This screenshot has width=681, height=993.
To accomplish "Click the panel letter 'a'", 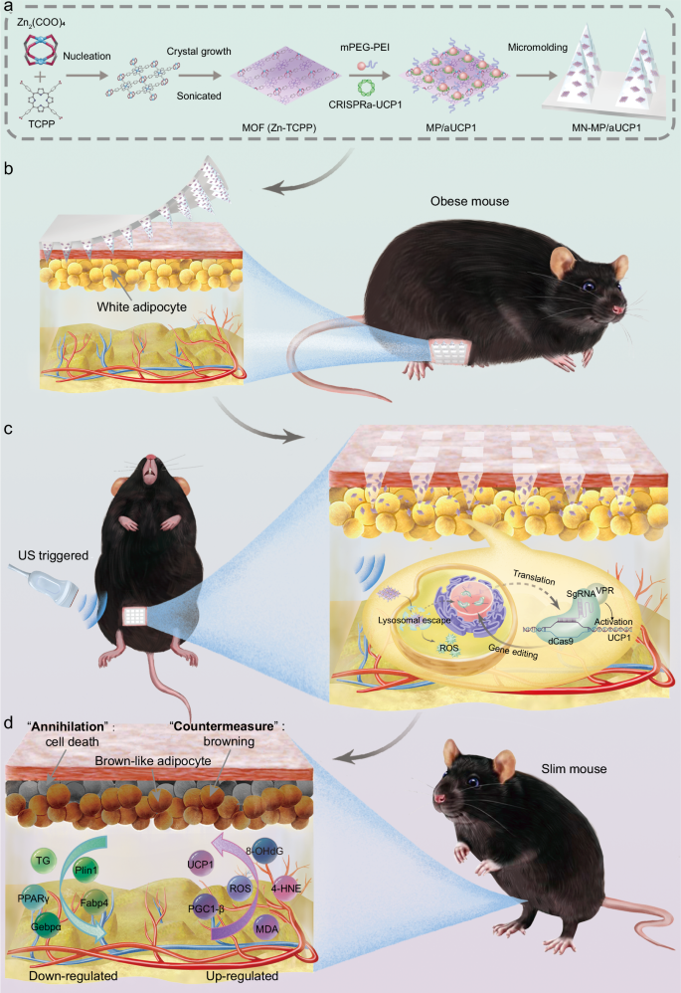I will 10,10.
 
